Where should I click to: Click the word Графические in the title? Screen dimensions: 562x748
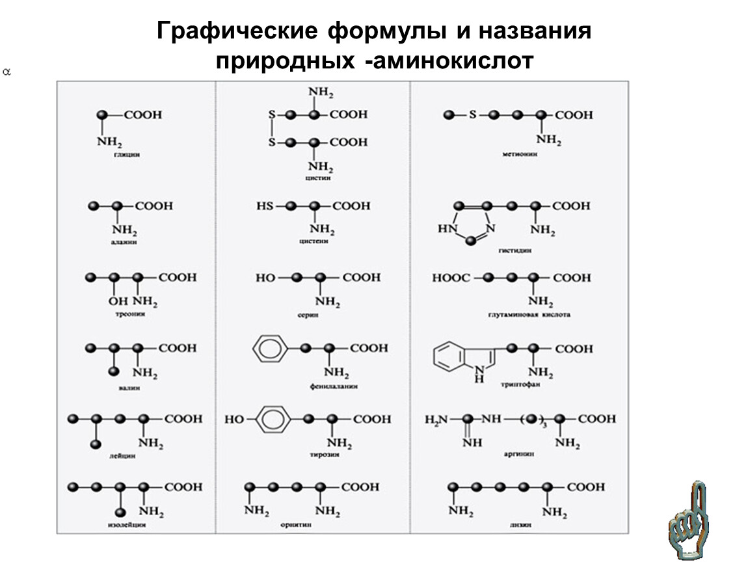[237, 32]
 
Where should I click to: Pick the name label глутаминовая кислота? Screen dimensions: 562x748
[529, 315]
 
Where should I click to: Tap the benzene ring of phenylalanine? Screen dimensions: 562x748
[267, 349]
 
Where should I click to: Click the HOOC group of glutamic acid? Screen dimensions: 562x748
[451, 278]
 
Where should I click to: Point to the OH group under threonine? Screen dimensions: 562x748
[116, 301]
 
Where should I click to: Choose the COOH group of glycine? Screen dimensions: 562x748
[143, 115]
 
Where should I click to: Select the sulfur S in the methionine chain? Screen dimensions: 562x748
[474, 115]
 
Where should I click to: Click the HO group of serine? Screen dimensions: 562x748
[265, 278]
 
